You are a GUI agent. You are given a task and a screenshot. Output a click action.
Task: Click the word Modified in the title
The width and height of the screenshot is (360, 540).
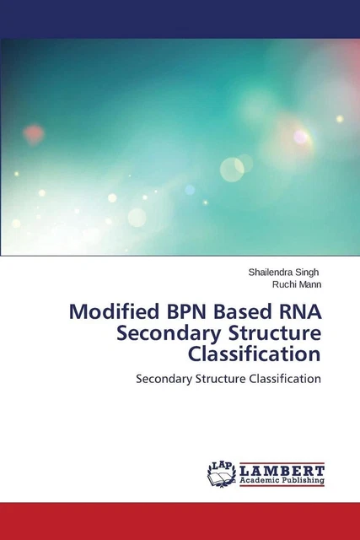point(110,309)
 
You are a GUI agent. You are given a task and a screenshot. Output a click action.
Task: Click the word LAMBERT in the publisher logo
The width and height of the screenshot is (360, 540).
point(282,469)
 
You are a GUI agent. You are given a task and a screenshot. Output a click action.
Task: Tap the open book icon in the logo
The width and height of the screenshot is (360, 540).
point(221,477)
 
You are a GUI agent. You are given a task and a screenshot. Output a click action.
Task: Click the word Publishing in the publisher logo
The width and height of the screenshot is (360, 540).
point(304,480)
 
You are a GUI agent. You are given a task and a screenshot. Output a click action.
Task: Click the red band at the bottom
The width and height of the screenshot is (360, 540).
point(180,521)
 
